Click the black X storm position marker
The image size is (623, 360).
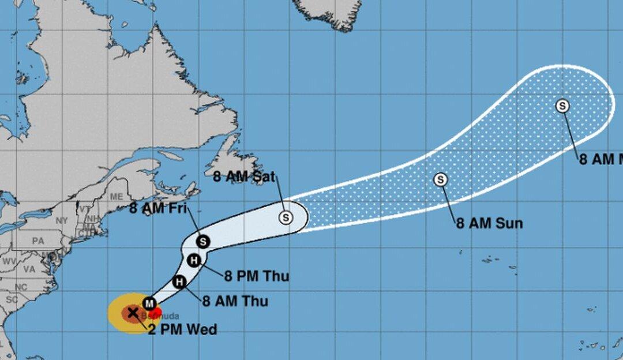point(133,313)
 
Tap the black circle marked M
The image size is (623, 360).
point(150,303)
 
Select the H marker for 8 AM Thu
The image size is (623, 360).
point(179,282)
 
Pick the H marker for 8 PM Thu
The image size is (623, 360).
point(194,261)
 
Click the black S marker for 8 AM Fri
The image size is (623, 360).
point(202,241)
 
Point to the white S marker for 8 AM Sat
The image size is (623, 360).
point(286,217)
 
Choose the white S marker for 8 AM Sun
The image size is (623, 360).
point(441,179)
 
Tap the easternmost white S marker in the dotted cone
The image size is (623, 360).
point(562,106)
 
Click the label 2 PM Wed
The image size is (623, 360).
point(182,330)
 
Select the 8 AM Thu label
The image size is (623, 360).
point(235,301)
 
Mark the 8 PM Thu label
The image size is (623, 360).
point(257,276)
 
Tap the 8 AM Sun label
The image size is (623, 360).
point(489,224)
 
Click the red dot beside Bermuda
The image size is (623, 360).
point(156,312)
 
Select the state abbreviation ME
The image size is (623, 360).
point(117,197)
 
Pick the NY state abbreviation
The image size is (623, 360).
point(62,221)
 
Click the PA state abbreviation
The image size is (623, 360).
point(39,240)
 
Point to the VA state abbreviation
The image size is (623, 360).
point(29,269)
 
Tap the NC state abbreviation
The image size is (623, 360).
point(21,287)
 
